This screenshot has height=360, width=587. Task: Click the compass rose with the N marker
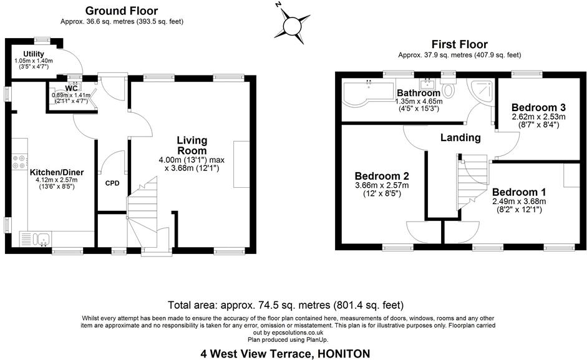(292, 26)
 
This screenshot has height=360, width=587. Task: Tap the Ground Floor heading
(122, 11)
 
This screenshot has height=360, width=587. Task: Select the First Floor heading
(460, 44)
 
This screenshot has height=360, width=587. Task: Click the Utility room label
(34, 54)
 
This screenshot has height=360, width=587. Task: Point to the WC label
(72, 88)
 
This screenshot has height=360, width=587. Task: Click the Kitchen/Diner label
(57, 172)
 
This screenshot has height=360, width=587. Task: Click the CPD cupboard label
(112, 183)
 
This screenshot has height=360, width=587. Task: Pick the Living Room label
(192, 145)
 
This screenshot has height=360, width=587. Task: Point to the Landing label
(460, 137)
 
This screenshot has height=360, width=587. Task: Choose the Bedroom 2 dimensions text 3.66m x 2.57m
(382, 185)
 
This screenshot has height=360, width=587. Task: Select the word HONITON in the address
(343, 354)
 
